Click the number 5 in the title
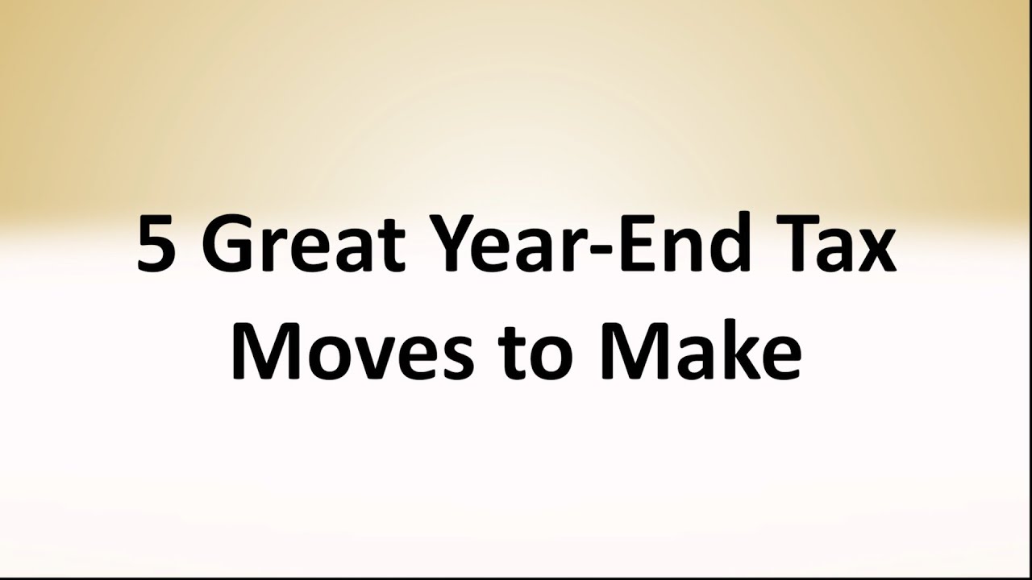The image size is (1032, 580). tap(156, 245)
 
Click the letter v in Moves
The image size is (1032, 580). tap(382, 360)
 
